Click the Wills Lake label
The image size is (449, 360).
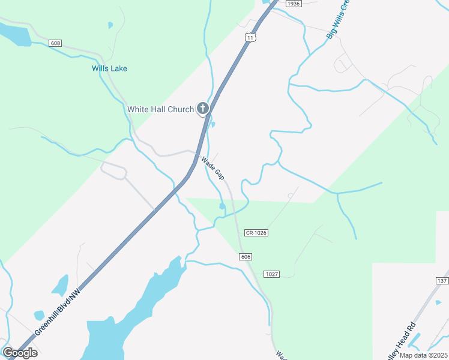tap(109, 68)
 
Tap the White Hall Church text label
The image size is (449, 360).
tap(160, 109)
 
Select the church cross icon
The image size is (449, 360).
tap(203, 109)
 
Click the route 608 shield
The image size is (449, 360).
tap(56, 43)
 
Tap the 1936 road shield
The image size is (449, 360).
tap(292, 4)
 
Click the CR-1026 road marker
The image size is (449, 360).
tap(256, 232)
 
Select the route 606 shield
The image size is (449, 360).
tap(245, 257)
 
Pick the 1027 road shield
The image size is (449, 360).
tap(271, 274)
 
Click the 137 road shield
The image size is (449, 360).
tap(442, 281)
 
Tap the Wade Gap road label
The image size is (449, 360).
tap(212, 169)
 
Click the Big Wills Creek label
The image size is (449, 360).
tap(337, 21)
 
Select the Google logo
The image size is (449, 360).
tap(20, 353)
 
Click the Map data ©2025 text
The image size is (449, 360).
tap(423, 355)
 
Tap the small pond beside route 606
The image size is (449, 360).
tap(222, 206)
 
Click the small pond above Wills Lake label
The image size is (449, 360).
tap(110, 25)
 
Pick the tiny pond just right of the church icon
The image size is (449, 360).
tap(213, 125)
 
